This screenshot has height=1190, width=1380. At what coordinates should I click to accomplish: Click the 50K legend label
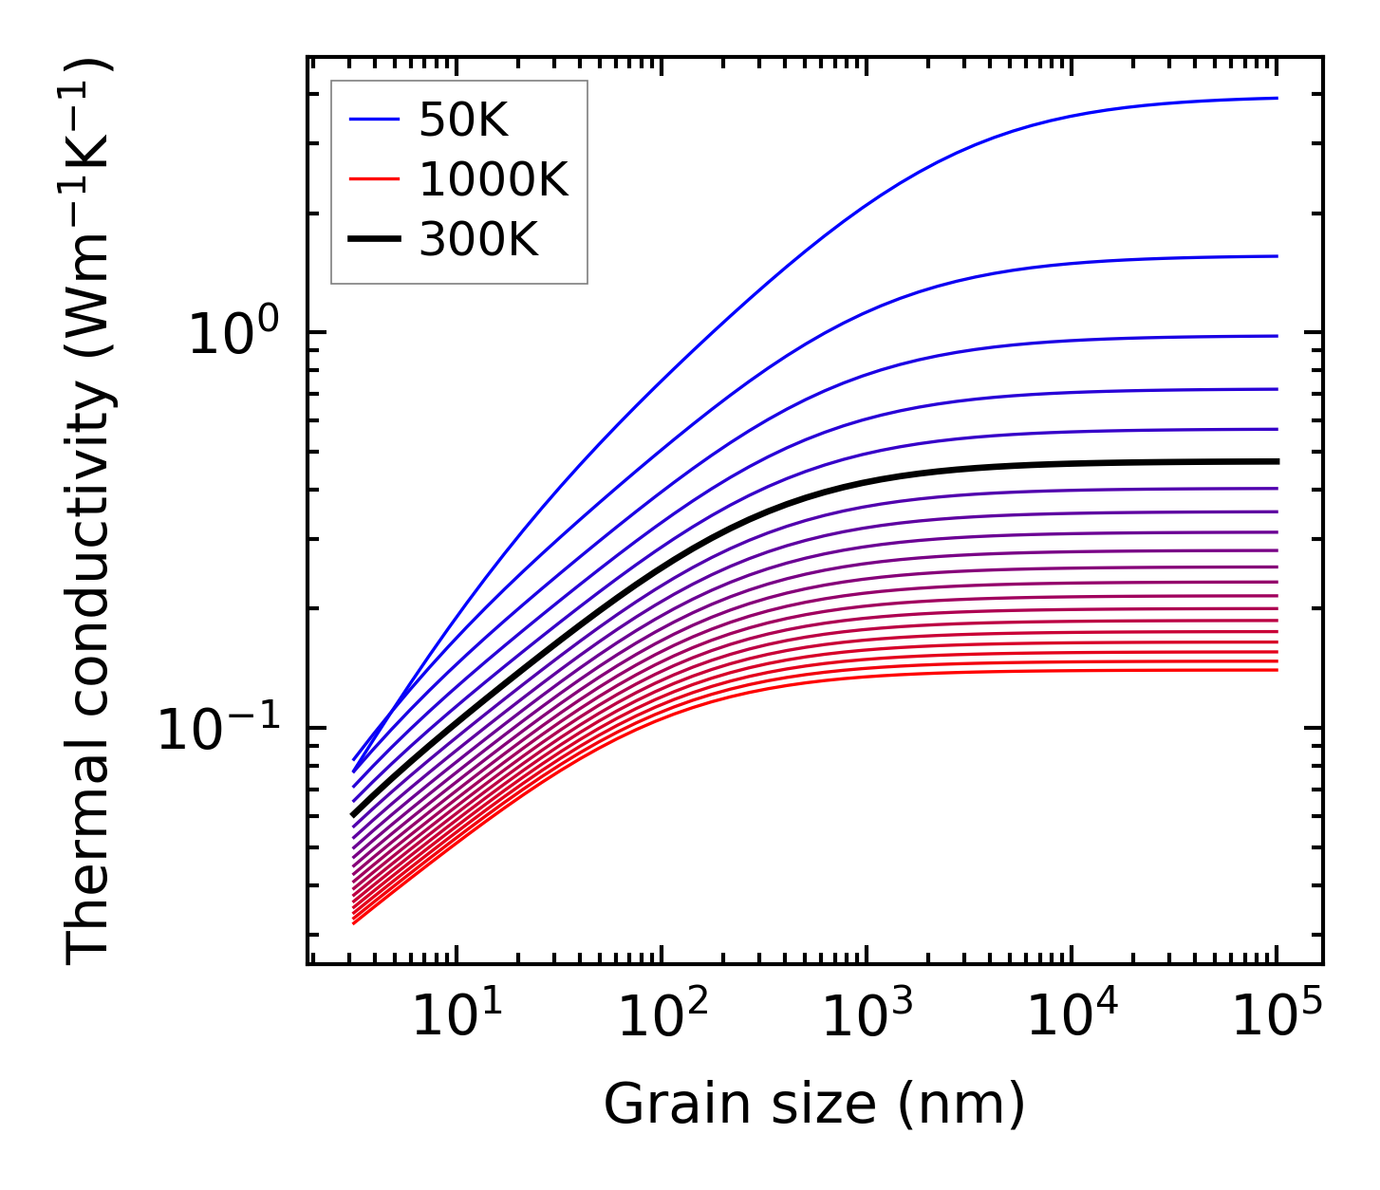pyautogui.click(x=464, y=121)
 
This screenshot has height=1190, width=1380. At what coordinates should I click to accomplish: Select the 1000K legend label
pyautogui.click(x=494, y=180)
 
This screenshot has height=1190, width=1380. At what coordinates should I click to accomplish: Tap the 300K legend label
pyautogui.click(x=478, y=240)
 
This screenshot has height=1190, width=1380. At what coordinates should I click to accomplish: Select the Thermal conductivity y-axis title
pyautogui.click(x=90, y=512)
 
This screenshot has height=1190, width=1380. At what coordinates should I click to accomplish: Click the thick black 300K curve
pyautogui.click(x=664, y=567)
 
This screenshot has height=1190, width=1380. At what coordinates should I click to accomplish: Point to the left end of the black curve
pyautogui.click(x=354, y=814)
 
